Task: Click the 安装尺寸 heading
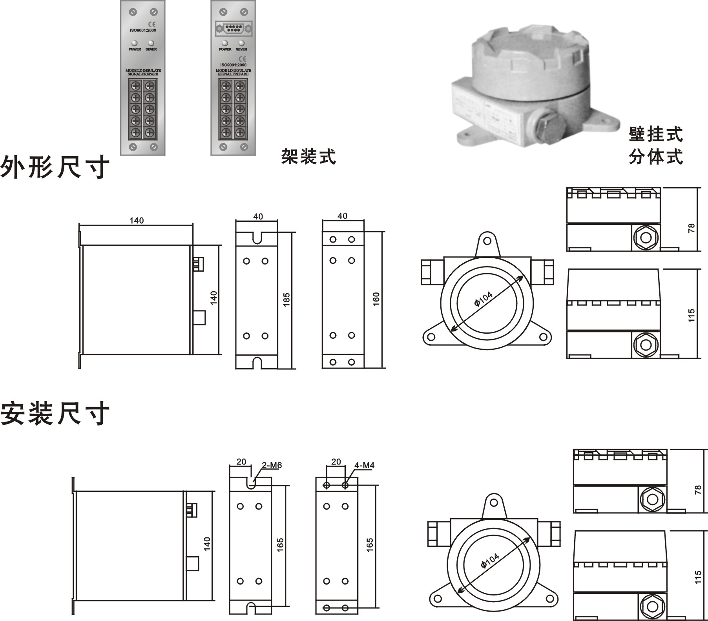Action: pos(55,414)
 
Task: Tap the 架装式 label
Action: pos(308,156)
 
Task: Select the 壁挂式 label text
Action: pos(656,135)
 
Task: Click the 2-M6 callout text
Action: pos(272,466)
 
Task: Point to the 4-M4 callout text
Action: pos(364,466)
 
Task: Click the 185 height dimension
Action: pos(286,300)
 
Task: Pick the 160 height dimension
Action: pos(376,299)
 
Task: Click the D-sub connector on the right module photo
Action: pos(234,29)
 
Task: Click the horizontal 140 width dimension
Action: pos(137,221)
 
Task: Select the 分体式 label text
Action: pos(656,157)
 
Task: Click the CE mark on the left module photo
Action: pos(152,24)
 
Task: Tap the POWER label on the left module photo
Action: pos(135,49)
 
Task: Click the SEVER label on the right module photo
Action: pos(241,49)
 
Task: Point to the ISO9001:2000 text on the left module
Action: pos(143,30)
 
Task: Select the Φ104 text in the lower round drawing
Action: pos(489,561)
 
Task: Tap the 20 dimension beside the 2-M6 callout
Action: pos(241,462)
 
